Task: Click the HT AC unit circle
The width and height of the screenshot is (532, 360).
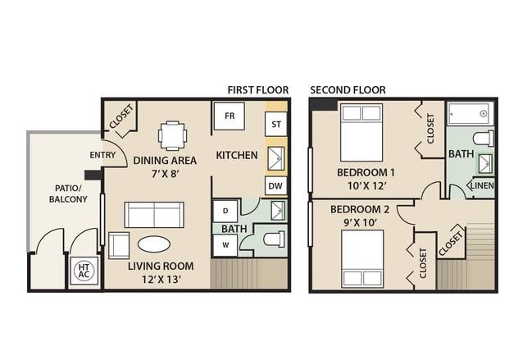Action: point(84,271)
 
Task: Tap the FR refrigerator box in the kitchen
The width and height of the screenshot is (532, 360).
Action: point(230,116)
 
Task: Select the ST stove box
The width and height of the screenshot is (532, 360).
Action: point(276,124)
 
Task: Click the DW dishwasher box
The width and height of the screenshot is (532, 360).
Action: point(275,185)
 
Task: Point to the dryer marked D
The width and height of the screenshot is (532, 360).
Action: point(225,211)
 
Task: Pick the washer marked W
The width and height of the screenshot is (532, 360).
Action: point(225,245)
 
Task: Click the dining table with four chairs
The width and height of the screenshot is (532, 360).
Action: point(172,136)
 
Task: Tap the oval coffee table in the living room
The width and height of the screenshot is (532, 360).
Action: point(154,244)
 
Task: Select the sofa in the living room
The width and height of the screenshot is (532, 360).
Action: point(154,215)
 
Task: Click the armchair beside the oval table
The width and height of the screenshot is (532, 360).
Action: point(119,245)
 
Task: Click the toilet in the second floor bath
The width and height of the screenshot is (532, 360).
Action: point(484,139)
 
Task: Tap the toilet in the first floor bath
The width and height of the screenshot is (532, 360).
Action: point(274,239)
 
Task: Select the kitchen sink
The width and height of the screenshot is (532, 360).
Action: point(276,158)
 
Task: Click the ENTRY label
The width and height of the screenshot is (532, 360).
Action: point(102,155)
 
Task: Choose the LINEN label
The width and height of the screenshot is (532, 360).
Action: point(482,185)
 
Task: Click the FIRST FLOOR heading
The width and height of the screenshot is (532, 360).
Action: point(258,90)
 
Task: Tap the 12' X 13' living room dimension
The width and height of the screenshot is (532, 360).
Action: point(161,280)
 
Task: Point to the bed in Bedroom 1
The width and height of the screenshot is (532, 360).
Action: point(361,132)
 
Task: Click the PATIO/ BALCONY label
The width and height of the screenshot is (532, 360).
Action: point(68,194)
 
